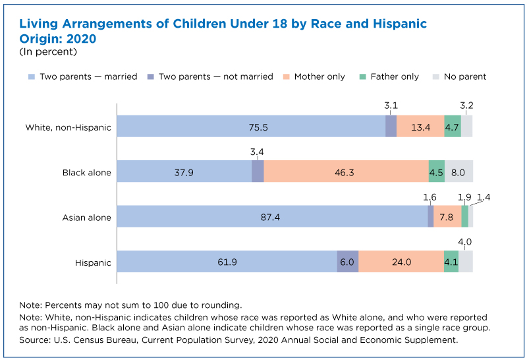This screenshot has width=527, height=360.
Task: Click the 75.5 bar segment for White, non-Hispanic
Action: click(251, 126)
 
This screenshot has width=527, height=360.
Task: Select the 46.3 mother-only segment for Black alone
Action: click(347, 171)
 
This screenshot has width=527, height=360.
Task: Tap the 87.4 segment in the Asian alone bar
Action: click(273, 216)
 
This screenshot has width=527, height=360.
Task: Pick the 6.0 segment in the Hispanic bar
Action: click(348, 261)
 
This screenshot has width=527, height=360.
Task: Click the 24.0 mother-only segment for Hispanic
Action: click(401, 261)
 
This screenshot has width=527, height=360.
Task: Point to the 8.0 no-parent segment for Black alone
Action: click(458, 171)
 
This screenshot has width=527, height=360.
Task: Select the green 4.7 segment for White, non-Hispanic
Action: click(453, 126)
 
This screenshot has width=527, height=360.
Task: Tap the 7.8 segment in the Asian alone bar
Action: click(447, 216)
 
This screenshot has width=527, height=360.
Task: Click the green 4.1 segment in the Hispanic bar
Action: click(451, 261)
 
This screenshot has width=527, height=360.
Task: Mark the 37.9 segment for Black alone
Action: click(184, 171)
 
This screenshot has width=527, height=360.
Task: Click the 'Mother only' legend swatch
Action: click(286, 76)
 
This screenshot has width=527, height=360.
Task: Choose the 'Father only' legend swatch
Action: click(362, 76)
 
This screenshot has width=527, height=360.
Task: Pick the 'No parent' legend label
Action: click(465, 76)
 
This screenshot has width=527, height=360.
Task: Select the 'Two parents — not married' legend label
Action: click(216, 76)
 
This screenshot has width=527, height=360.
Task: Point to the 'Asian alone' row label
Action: click(87, 218)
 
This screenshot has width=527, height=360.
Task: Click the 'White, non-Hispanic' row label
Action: click(69, 127)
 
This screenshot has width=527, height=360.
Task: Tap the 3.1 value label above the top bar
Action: click(391, 105)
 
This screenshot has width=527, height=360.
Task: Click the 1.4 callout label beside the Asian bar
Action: click(484, 197)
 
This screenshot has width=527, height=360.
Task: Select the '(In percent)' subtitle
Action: click(48, 52)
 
